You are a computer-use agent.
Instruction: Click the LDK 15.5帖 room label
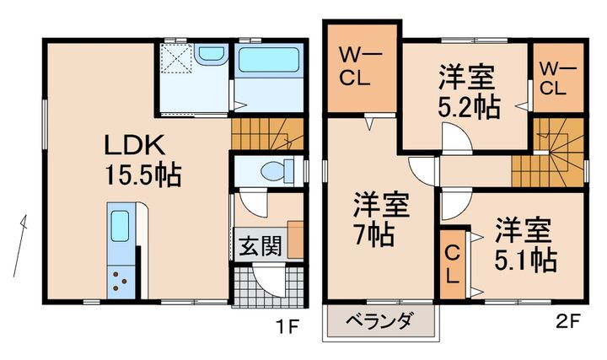(143, 160)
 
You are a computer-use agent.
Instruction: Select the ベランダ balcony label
(381, 321)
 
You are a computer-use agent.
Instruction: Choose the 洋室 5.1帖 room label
(524, 245)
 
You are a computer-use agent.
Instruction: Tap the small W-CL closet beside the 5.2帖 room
(556, 77)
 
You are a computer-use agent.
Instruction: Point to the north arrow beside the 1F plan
(20, 244)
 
